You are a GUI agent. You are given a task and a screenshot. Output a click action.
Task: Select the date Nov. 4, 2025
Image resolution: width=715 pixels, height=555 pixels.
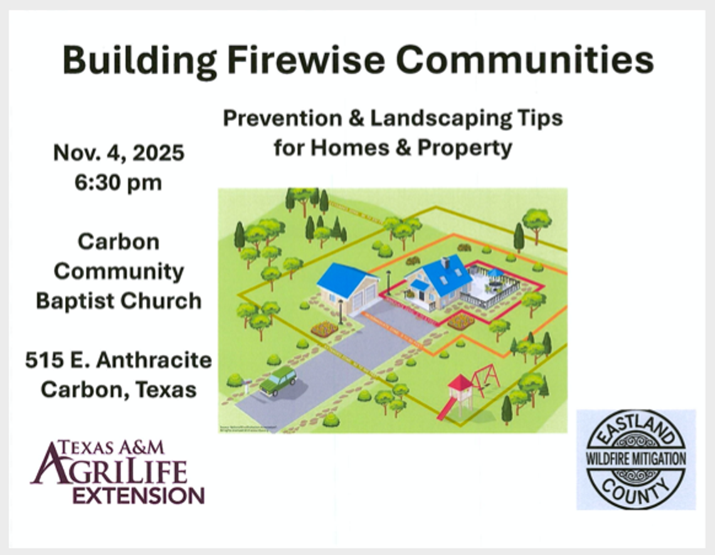point(119,153)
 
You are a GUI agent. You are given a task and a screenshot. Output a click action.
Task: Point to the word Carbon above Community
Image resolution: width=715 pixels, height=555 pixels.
point(119,241)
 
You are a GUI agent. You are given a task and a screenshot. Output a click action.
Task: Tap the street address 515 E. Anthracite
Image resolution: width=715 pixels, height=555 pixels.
point(119,360)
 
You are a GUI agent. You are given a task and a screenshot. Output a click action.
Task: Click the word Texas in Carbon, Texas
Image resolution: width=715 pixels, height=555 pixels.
point(166,389)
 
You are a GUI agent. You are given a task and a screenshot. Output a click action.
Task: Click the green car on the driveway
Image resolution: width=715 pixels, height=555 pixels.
point(278,381)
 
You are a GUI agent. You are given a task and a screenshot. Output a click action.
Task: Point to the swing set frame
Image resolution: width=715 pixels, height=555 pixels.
point(487,376)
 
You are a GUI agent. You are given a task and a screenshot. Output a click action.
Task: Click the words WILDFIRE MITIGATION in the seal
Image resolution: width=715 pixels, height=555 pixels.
point(635,459)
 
